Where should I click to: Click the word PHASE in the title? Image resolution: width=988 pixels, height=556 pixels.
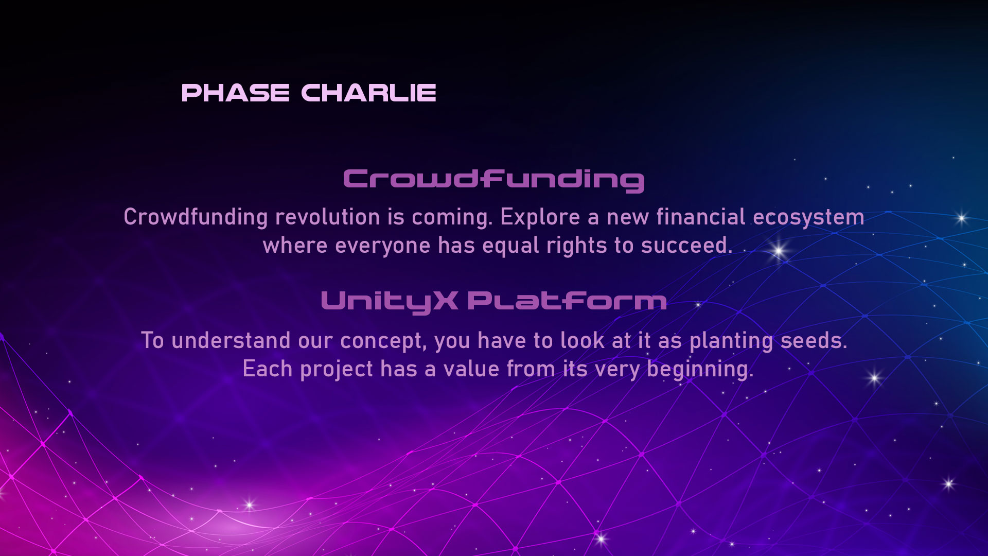click(x=235, y=93)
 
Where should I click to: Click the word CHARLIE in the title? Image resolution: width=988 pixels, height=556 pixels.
click(x=368, y=93)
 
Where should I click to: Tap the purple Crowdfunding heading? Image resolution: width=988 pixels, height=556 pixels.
click(x=493, y=180)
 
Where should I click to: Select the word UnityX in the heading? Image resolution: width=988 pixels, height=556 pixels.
click(x=389, y=302)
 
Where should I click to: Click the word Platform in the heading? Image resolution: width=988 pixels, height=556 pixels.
click(x=567, y=301)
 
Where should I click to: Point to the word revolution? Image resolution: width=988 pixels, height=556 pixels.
click(x=327, y=217)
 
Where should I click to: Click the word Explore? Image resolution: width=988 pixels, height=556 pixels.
click(x=540, y=218)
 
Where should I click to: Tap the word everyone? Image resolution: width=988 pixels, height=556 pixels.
click(x=382, y=246)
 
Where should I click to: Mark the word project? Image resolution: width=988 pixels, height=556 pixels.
click(x=337, y=370)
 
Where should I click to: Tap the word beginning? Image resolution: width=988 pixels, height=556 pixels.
click(x=700, y=370)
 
